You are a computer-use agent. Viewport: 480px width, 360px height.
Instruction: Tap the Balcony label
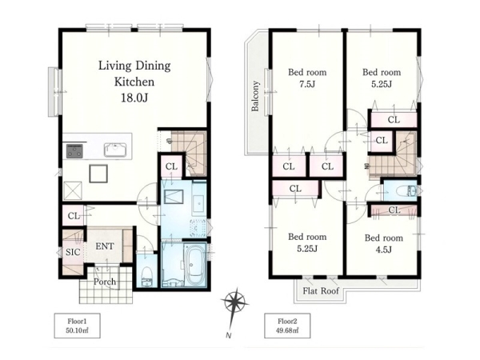255,96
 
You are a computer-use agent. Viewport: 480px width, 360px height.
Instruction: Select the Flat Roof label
321,290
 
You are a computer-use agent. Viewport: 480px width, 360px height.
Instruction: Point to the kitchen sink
115,150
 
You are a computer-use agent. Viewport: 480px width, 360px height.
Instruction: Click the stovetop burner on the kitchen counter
74,151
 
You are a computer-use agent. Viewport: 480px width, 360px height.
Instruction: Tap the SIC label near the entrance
73,252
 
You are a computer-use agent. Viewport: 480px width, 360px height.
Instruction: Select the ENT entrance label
105,246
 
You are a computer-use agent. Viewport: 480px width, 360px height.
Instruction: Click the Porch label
105,282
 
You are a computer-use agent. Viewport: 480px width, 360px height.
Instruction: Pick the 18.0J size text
134,98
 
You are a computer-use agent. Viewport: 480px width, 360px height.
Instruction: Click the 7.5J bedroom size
307,84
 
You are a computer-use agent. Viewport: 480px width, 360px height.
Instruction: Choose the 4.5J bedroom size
383,250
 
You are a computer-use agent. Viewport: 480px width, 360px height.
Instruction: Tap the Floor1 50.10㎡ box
77,326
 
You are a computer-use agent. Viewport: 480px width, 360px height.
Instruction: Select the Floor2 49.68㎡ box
287,326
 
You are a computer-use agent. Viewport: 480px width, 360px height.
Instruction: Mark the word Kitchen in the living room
134,82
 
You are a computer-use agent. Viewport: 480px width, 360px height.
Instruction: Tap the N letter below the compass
228,335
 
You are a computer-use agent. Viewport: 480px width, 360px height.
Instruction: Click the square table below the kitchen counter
98,174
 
